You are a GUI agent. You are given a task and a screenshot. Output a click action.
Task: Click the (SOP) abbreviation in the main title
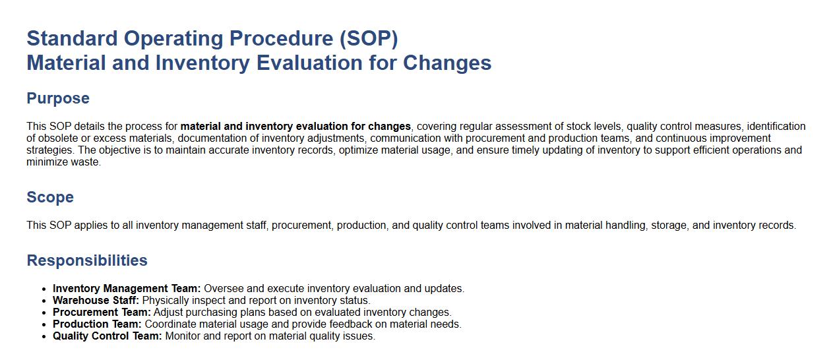click(x=369, y=39)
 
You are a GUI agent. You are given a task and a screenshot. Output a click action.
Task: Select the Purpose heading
click(x=58, y=98)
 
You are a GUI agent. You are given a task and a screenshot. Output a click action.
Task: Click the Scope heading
click(x=50, y=197)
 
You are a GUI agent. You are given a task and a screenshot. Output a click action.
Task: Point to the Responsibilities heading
click(x=87, y=260)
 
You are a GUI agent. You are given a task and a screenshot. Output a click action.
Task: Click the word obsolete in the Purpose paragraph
click(x=57, y=138)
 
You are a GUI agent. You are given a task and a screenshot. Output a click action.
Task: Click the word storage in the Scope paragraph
click(x=669, y=225)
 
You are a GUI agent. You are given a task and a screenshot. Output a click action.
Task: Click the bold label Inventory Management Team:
click(x=127, y=289)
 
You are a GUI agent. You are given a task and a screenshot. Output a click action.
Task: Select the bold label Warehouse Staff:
click(x=96, y=301)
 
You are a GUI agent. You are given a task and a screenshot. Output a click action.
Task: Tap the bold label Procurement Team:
click(x=102, y=313)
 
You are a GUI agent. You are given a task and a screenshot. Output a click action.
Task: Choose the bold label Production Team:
click(x=97, y=324)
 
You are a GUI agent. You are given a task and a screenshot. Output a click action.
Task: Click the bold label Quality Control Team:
click(x=108, y=336)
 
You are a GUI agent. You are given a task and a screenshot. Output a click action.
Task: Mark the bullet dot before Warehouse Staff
click(x=44, y=301)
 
